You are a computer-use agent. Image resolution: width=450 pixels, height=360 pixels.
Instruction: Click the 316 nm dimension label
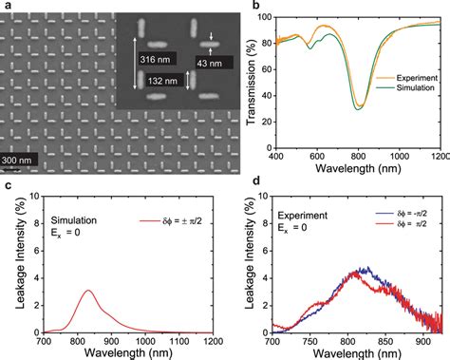click(x=159, y=60)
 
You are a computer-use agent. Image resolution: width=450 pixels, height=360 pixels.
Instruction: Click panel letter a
click(x=7, y=7)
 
